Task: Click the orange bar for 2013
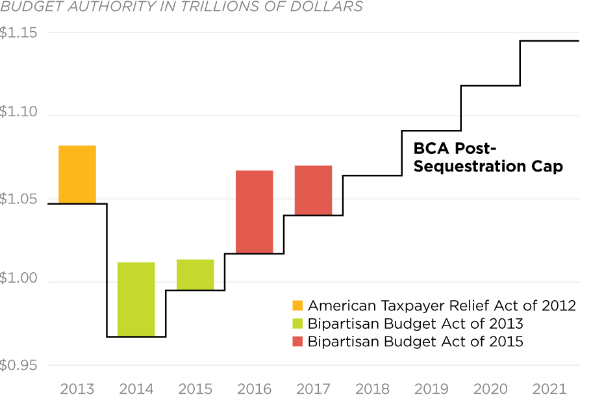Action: [77, 174]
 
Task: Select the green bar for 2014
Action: [136, 299]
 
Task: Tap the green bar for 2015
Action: [195, 274]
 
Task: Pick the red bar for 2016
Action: [254, 212]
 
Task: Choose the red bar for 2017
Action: [313, 190]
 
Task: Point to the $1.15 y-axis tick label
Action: [19, 32]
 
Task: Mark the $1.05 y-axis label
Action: [19, 198]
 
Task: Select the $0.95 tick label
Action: [19, 365]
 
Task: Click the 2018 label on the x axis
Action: [373, 389]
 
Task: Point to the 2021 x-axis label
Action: [549, 389]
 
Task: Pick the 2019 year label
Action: [431, 389]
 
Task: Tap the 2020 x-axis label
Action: [490, 389]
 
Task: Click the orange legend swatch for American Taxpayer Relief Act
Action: [297, 305]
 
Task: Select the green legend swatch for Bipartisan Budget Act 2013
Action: [297, 324]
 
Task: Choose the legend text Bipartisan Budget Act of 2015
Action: [416, 341]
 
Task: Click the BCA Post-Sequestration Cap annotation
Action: [488, 157]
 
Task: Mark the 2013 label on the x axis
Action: [77, 389]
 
